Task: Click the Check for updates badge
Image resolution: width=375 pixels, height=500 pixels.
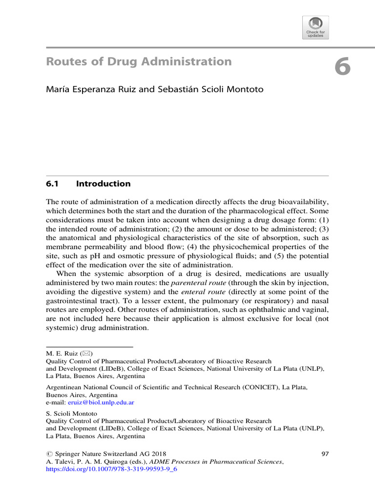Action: [315, 27]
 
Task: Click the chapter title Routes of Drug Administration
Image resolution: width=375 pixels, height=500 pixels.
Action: [139, 62]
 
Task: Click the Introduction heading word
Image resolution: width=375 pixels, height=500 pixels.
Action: [104, 184]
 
